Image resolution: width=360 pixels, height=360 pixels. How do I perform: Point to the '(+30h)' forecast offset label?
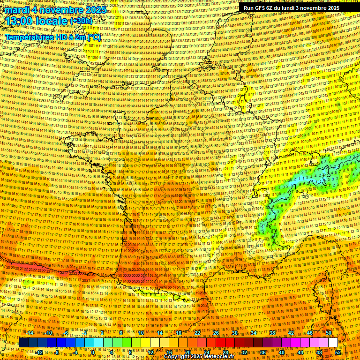pos(81,22)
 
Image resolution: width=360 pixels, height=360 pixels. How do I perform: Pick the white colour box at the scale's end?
pos(333,343)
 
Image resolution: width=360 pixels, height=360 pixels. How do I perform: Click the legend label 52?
pos(338,352)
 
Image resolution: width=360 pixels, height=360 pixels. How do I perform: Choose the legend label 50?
pos(329,333)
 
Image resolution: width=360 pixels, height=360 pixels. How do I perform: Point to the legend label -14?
pos(30,333)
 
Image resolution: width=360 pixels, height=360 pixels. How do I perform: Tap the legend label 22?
pos(197,333)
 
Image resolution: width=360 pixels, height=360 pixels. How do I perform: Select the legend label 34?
pos(254,333)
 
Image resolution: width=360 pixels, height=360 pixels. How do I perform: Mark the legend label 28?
pos(225,352)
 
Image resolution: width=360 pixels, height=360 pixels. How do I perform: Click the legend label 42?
pos(291,333)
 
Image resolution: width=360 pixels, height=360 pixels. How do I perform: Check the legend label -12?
pos(39,352)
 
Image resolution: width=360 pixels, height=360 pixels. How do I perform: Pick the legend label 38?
pos(272,333)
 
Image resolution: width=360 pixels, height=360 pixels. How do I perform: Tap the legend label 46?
pos(310,333)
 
